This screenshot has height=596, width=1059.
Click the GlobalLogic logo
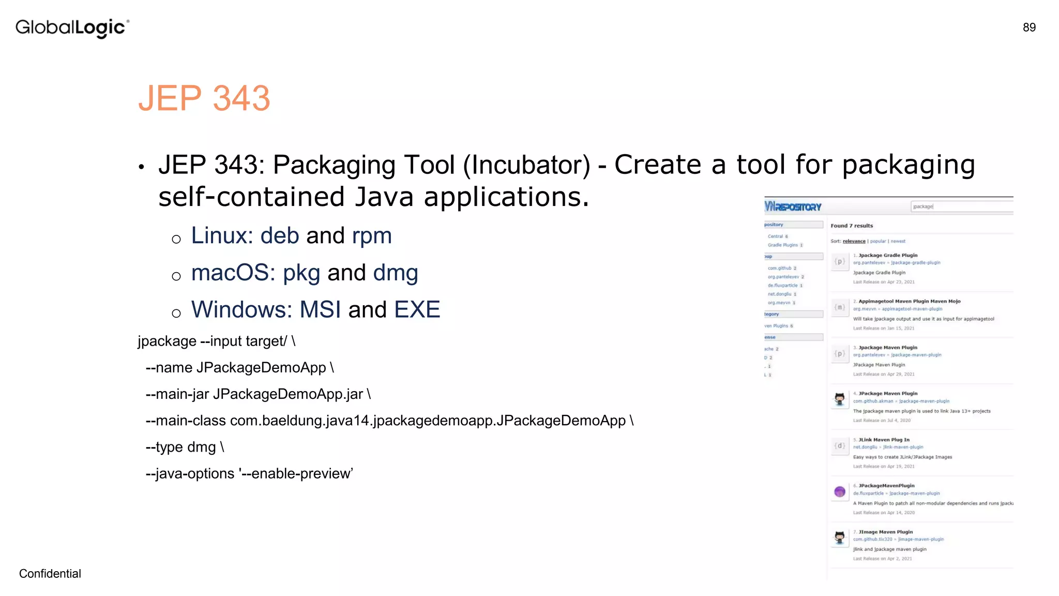click(72, 28)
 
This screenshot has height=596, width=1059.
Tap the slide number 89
click(1029, 27)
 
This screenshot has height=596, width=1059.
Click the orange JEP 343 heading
click(204, 98)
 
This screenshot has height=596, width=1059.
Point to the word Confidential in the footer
click(50, 573)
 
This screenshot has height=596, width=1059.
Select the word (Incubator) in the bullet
click(526, 165)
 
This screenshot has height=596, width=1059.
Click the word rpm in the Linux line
click(372, 236)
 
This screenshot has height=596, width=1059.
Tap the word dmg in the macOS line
click(396, 273)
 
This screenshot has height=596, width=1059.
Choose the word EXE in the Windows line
click(417, 309)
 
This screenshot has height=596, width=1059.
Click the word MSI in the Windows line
click(320, 309)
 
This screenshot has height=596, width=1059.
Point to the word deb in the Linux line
click(280, 236)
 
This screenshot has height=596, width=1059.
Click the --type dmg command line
click(185, 447)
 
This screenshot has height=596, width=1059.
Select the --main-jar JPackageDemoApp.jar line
click(258, 394)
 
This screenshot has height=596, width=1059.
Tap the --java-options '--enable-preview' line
click(249, 473)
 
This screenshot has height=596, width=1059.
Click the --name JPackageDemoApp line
click(239, 368)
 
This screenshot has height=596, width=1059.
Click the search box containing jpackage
click(961, 206)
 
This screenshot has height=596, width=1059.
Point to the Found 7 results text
click(852, 226)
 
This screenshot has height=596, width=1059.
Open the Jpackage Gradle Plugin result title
click(888, 255)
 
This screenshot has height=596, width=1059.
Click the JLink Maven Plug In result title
click(884, 440)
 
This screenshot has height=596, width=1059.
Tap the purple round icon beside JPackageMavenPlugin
click(840, 491)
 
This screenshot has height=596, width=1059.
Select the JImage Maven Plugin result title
click(885, 532)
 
